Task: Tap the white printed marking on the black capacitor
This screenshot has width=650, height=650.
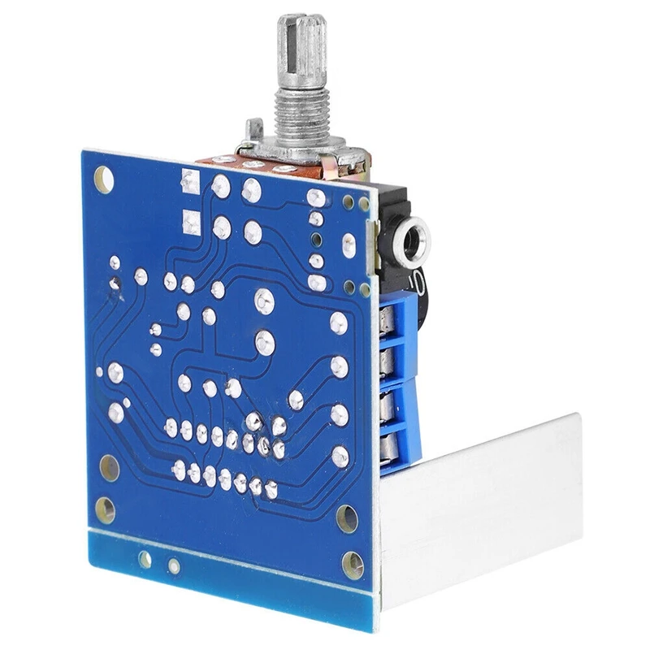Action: (x=415, y=284)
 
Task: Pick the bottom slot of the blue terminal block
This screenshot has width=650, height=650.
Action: (x=393, y=445)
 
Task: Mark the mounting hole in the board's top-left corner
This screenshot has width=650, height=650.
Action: (x=103, y=178)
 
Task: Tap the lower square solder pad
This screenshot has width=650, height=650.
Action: (x=192, y=220)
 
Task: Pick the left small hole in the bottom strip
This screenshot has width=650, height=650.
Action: (x=145, y=558)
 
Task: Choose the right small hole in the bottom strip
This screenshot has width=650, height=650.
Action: (x=173, y=565)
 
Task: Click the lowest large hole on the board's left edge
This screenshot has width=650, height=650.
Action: (x=105, y=509)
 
